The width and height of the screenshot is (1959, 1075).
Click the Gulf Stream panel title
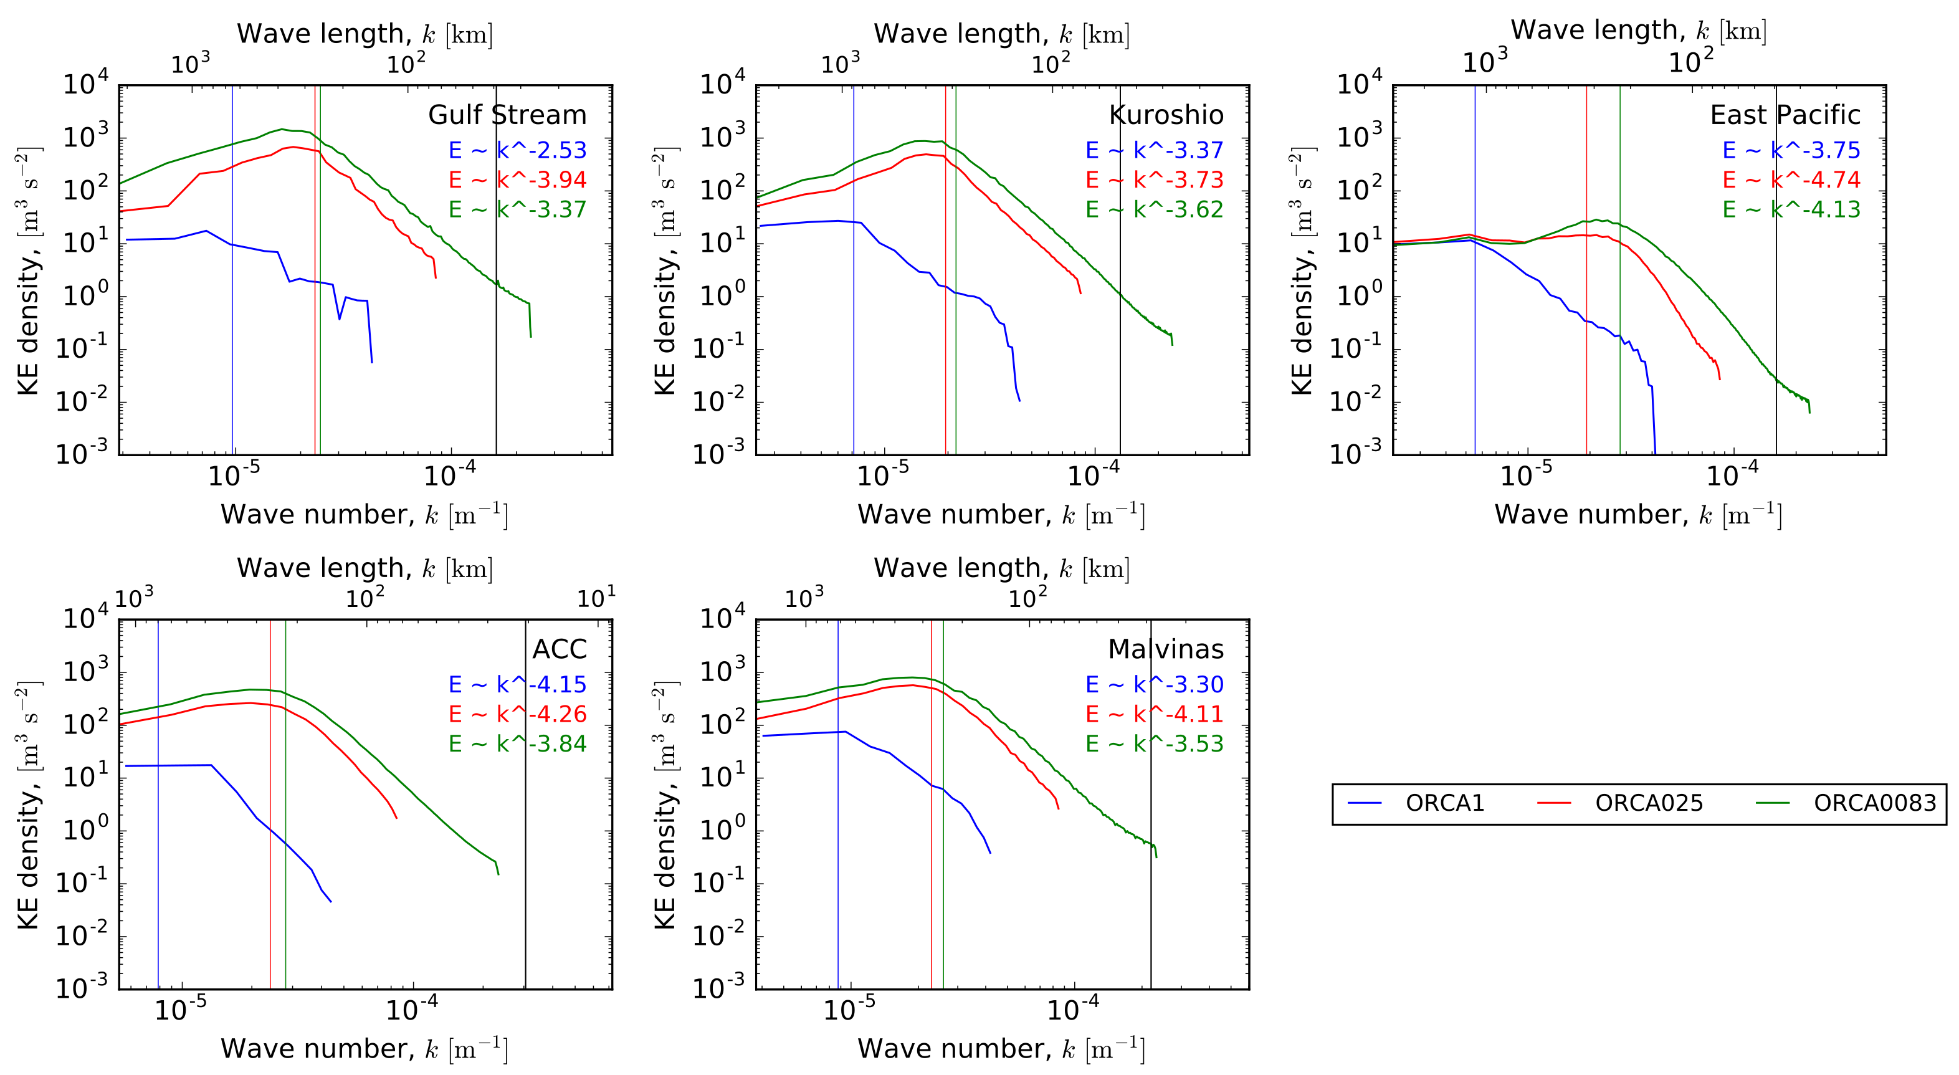tap(507, 115)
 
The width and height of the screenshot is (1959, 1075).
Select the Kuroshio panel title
tap(1166, 115)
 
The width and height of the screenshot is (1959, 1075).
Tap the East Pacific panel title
tap(1785, 115)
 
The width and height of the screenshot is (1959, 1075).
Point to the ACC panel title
tap(559, 649)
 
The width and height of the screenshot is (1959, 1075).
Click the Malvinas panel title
tap(1166, 649)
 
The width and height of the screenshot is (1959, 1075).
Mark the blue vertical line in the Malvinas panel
tap(838, 875)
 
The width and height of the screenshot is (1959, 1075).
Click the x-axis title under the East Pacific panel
tap(1638, 515)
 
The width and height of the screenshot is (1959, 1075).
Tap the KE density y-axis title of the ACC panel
tap(28, 805)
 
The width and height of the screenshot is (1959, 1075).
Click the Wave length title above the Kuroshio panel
tap(1001, 34)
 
